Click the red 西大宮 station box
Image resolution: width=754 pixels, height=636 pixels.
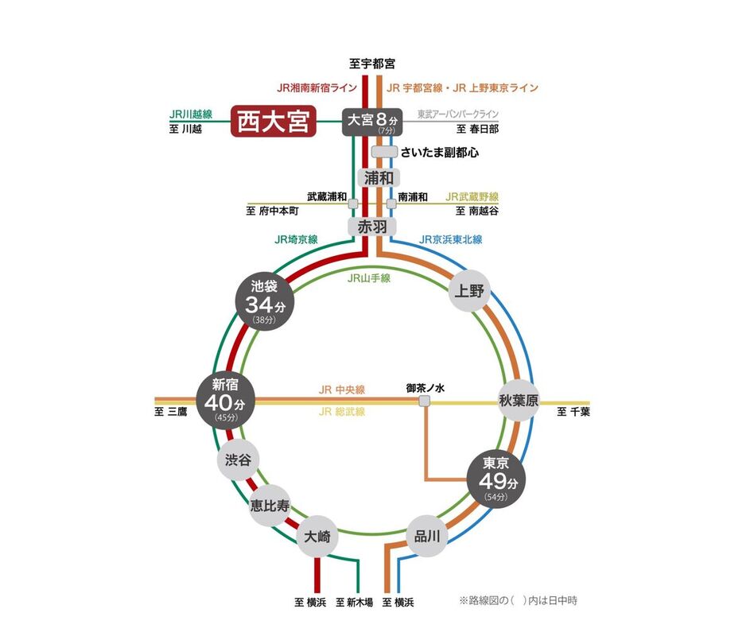click(274, 122)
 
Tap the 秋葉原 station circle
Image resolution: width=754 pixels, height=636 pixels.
click(519, 400)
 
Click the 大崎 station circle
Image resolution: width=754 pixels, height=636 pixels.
click(317, 537)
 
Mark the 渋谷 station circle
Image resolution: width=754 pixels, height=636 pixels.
click(237, 460)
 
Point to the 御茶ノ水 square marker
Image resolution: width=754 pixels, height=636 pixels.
click(426, 401)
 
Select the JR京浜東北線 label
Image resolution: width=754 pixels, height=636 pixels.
click(451, 239)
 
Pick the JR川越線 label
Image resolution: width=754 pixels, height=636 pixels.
click(191, 114)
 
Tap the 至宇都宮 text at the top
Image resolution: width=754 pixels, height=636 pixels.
click(372, 64)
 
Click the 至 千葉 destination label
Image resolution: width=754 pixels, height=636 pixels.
click(573, 412)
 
